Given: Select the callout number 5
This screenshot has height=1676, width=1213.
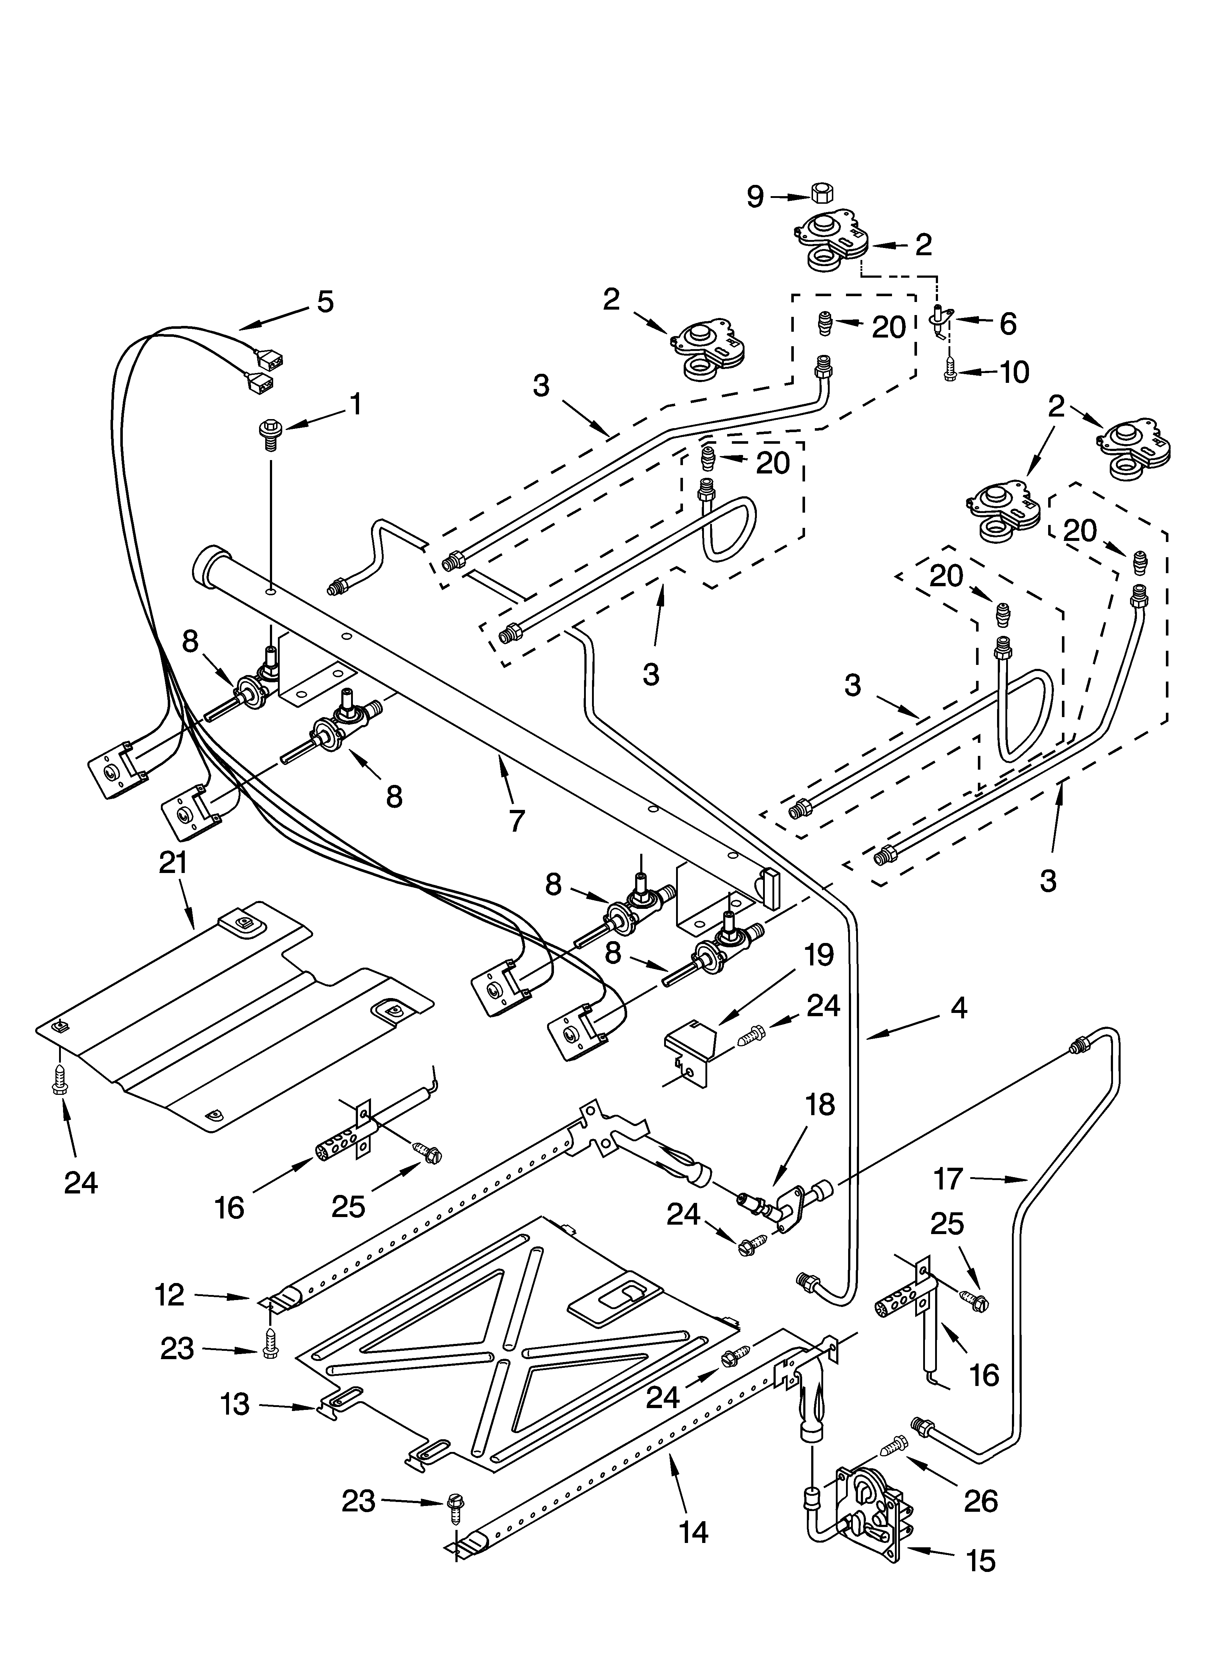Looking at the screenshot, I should point(324,302).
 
